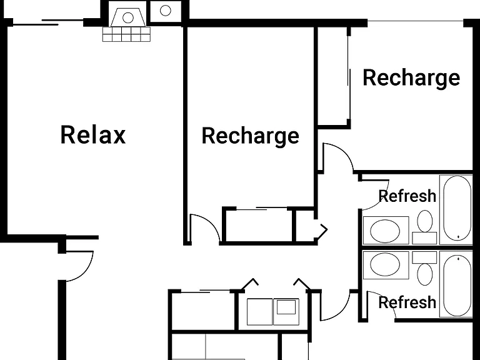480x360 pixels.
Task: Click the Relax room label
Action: click(93, 135)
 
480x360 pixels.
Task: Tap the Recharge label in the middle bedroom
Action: click(251, 136)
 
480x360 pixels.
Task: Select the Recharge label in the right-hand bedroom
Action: click(411, 77)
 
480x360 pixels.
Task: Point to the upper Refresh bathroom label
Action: click(407, 196)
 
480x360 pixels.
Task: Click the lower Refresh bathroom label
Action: click(407, 302)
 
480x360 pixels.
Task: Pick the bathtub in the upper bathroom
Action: click(457, 208)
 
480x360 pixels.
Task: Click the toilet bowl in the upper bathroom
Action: click(425, 221)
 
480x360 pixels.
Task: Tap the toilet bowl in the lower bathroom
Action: click(425, 274)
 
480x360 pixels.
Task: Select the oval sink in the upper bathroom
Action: click(385, 231)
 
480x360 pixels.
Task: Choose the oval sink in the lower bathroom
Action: click(385, 264)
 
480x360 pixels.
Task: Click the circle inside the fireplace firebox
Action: click(128, 17)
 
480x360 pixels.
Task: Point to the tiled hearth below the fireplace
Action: click(126, 34)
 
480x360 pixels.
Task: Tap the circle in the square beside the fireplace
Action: click(165, 11)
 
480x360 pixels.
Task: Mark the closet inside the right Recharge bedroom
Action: click(333, 76)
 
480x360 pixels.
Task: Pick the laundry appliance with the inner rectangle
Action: click(286, 312)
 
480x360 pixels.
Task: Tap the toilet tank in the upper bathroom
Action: click(424, 238)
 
